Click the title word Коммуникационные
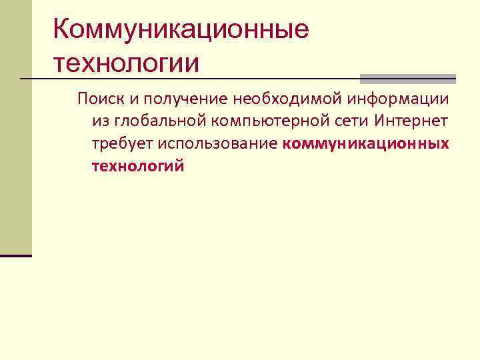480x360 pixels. (x=181, y=29)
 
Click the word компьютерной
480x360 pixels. (x=266, y=123)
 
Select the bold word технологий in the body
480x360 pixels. (x=137, y=167)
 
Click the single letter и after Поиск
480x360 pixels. (x=133, y=100)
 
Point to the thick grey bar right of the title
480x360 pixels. (x=407, y=77)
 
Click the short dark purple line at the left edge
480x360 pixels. (x=16, y=255)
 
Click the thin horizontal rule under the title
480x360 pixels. (x=200, y=80)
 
